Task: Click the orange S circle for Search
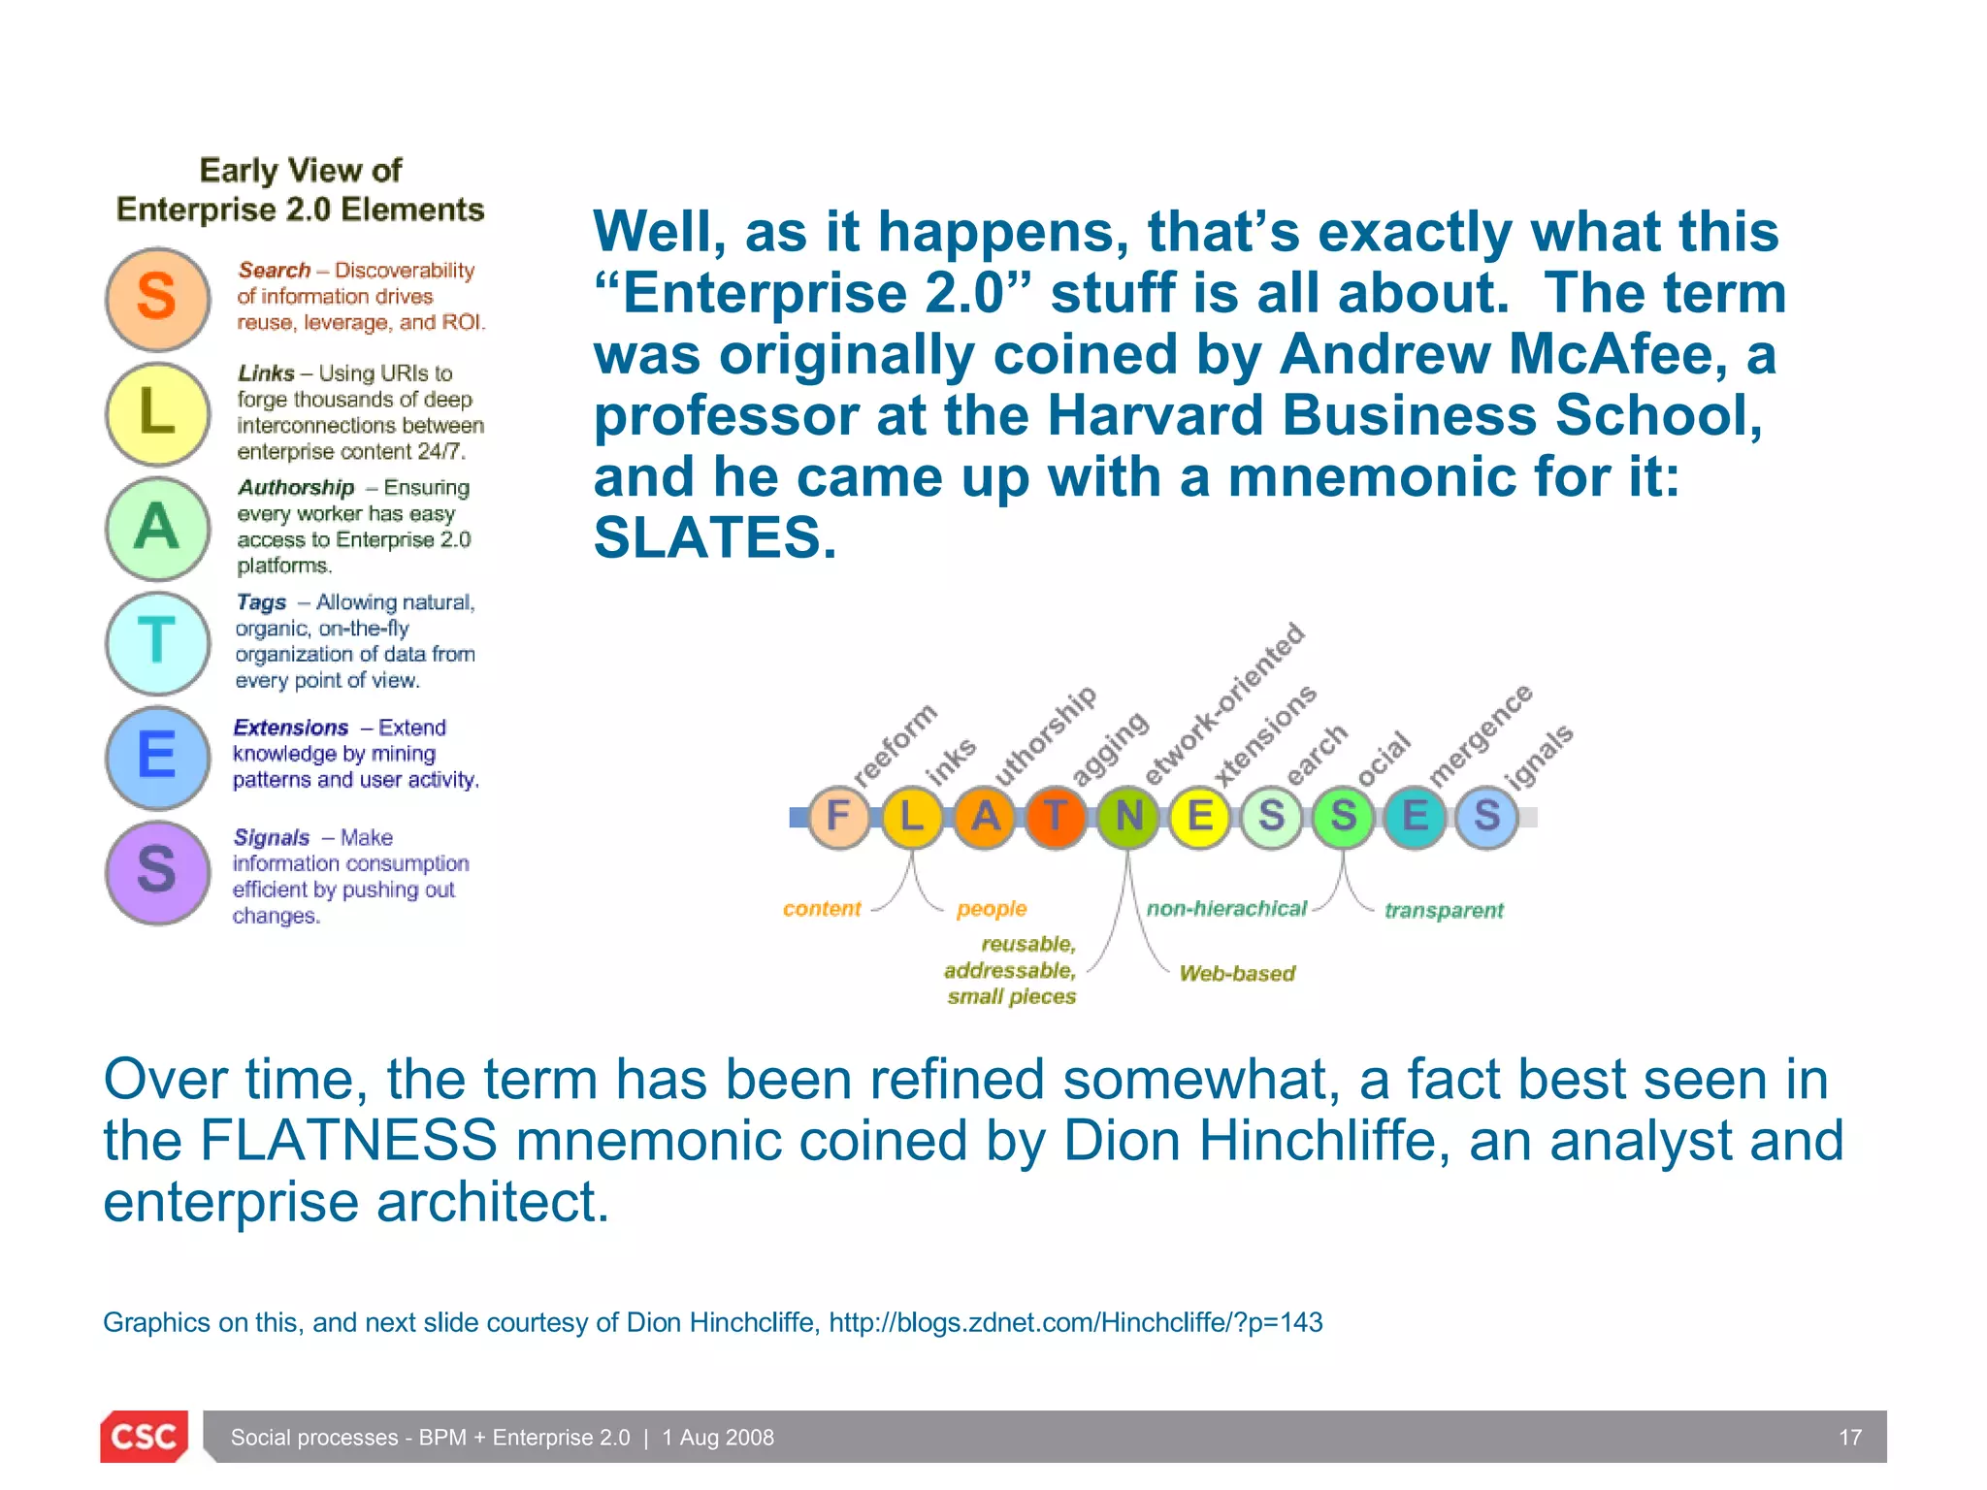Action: [157, 298]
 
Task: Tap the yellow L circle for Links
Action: [157, 413]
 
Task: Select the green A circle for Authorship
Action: [157, 528]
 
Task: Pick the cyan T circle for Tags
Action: [157, 642]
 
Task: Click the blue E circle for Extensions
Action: [157, 757]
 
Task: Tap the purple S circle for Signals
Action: [157, 871]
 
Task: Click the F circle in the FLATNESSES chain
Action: [839, 817]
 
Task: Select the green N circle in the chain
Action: [1128, 817]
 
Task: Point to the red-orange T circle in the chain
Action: [1056, 817]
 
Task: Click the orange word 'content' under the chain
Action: [822, 909]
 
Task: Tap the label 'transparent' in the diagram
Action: [1443, 911]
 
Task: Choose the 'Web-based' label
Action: [1237, 974]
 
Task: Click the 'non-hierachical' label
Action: [1226, 909]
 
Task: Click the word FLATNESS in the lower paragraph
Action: [348, 1141]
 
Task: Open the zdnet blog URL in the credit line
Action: [1075, 1323]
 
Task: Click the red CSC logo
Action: [144, 1437]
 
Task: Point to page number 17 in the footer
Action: [1850, 1438]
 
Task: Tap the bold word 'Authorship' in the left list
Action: [296, 488]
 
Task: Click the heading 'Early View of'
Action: [300, 171]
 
